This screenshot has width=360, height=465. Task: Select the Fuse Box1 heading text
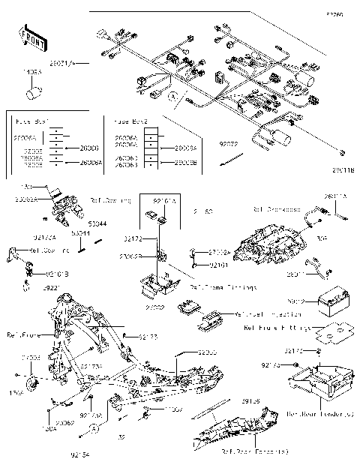click(x=32, y=120)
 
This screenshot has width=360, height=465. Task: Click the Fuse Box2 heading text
click(x=130, y=120)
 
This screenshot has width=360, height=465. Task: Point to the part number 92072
click(x=229, y=142)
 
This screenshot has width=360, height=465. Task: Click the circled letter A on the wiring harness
click(x=172, y=97)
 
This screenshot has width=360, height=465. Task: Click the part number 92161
click(x=218, y=265)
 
